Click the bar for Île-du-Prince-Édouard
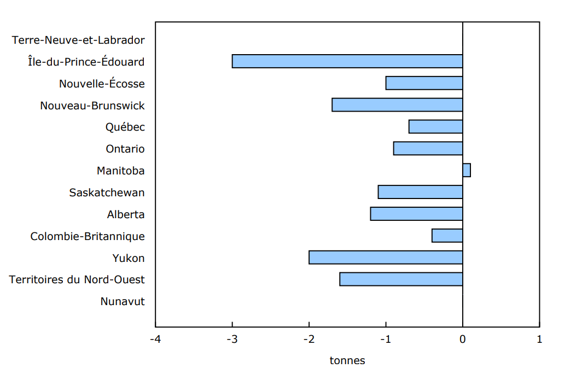tap(347, 61)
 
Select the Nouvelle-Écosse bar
tap(424, 83)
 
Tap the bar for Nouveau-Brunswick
tap(398, 105)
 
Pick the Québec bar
tap(436, 127)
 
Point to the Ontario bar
tap(428, 148)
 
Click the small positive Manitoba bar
tap(467, 170)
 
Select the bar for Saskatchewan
tap(421, 192)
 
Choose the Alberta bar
tap(417, 214)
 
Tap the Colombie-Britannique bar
tap(447, 236)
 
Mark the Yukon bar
tap(386, 258)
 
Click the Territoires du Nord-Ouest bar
tap(401, 279)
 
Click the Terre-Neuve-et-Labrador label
tap(78, 40)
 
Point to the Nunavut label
tap(123, 301)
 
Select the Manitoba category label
tap(121, 171)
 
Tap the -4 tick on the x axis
tap(155, 340)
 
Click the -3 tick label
tap(232, 340)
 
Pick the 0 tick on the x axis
tap(463, 340)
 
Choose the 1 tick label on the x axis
tap(539, 340)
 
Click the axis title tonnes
tap(347, 361)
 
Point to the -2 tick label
tap(309, 340)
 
